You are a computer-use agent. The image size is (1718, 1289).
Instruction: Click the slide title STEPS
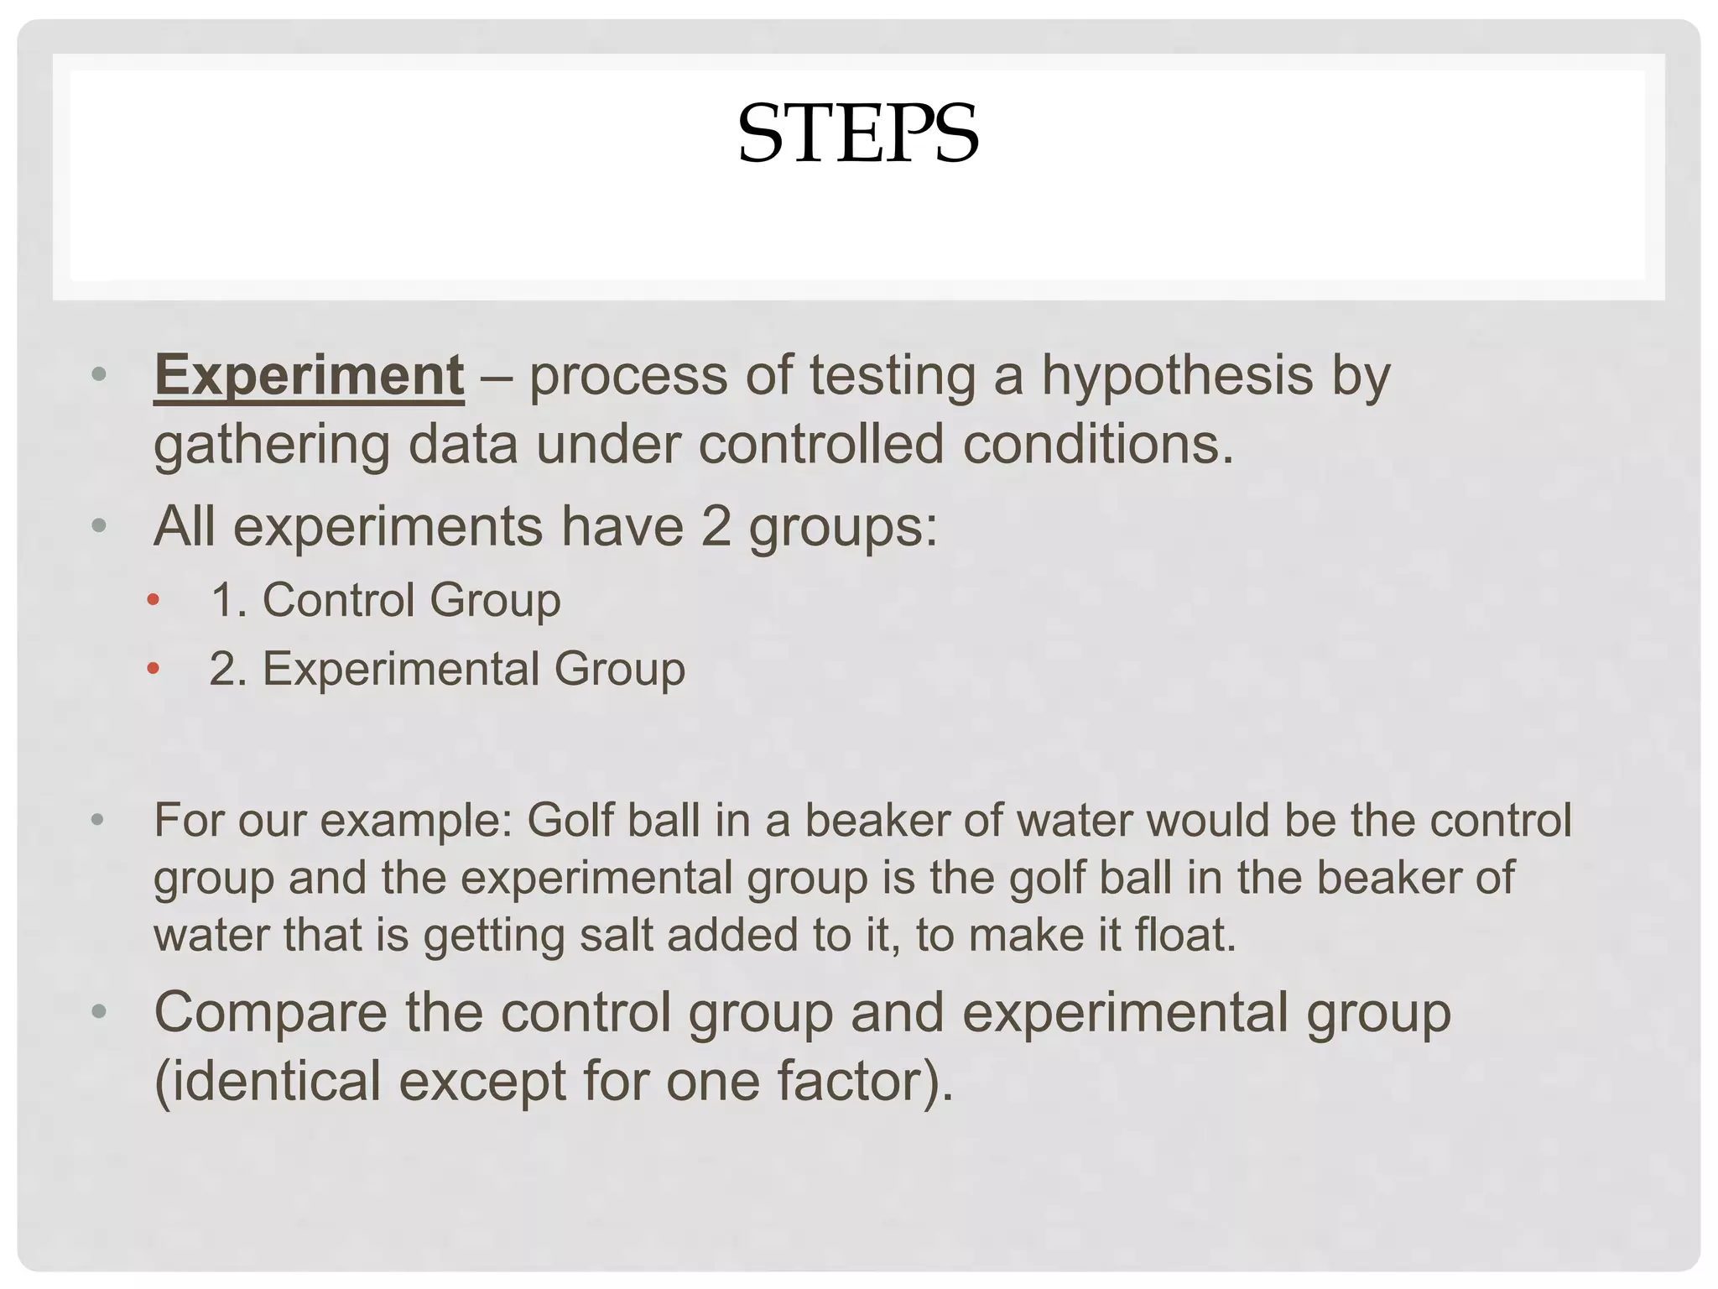click(857, 134)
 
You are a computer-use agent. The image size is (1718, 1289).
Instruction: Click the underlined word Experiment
click(309, 375)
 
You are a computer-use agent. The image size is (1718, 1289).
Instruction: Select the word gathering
click(271, 446)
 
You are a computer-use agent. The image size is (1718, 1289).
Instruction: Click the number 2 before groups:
click(716, 527)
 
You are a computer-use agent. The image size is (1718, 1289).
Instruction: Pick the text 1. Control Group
click(385, 601)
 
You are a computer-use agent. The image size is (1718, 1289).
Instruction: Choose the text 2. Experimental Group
click(447, 670)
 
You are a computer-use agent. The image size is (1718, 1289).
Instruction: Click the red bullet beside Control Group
click(153, 600)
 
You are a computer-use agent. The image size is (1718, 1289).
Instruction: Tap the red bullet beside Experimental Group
click(153, 669)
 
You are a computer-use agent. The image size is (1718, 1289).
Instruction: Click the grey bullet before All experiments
click(99, 526)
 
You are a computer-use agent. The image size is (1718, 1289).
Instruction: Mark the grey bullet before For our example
click(98, 819)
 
